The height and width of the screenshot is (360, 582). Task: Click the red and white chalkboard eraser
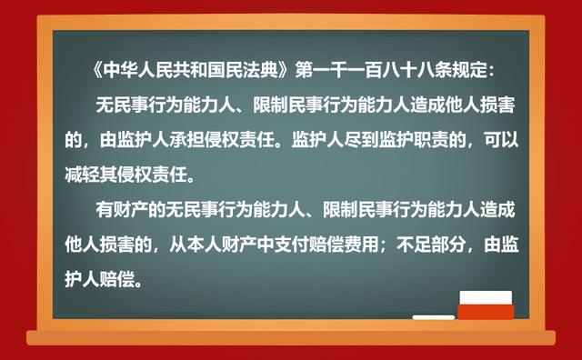[486, 305]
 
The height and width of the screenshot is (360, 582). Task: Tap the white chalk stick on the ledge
[433, 317]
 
